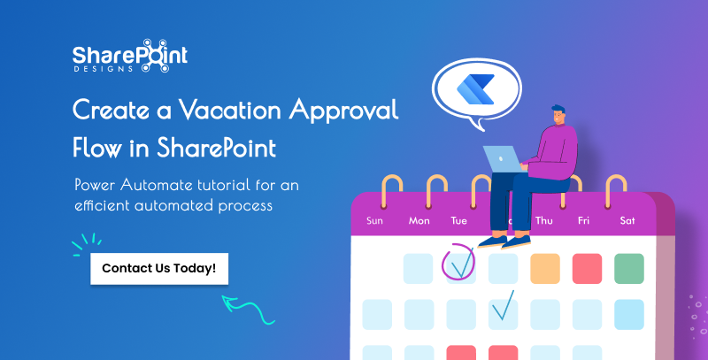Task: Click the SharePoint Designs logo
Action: pyautogui.click(x=129, y=55)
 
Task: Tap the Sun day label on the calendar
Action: pyautogui.click(x=375, y=220)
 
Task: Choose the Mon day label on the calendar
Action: pyautogui.click(x=419, y=220)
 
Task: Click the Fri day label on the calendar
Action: pyautogui.click(x=584, y=220)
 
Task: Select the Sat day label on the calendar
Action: pyautogui.click(x=627, y=220)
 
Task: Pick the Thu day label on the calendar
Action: pyautogui.click(x=543, y=220)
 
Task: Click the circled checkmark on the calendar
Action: pyautogui.click(x=459, y=263)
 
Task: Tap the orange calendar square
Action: pyautogui.click(x=544, y=268)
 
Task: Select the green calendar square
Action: pyautogui.click(x=628, y=268)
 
